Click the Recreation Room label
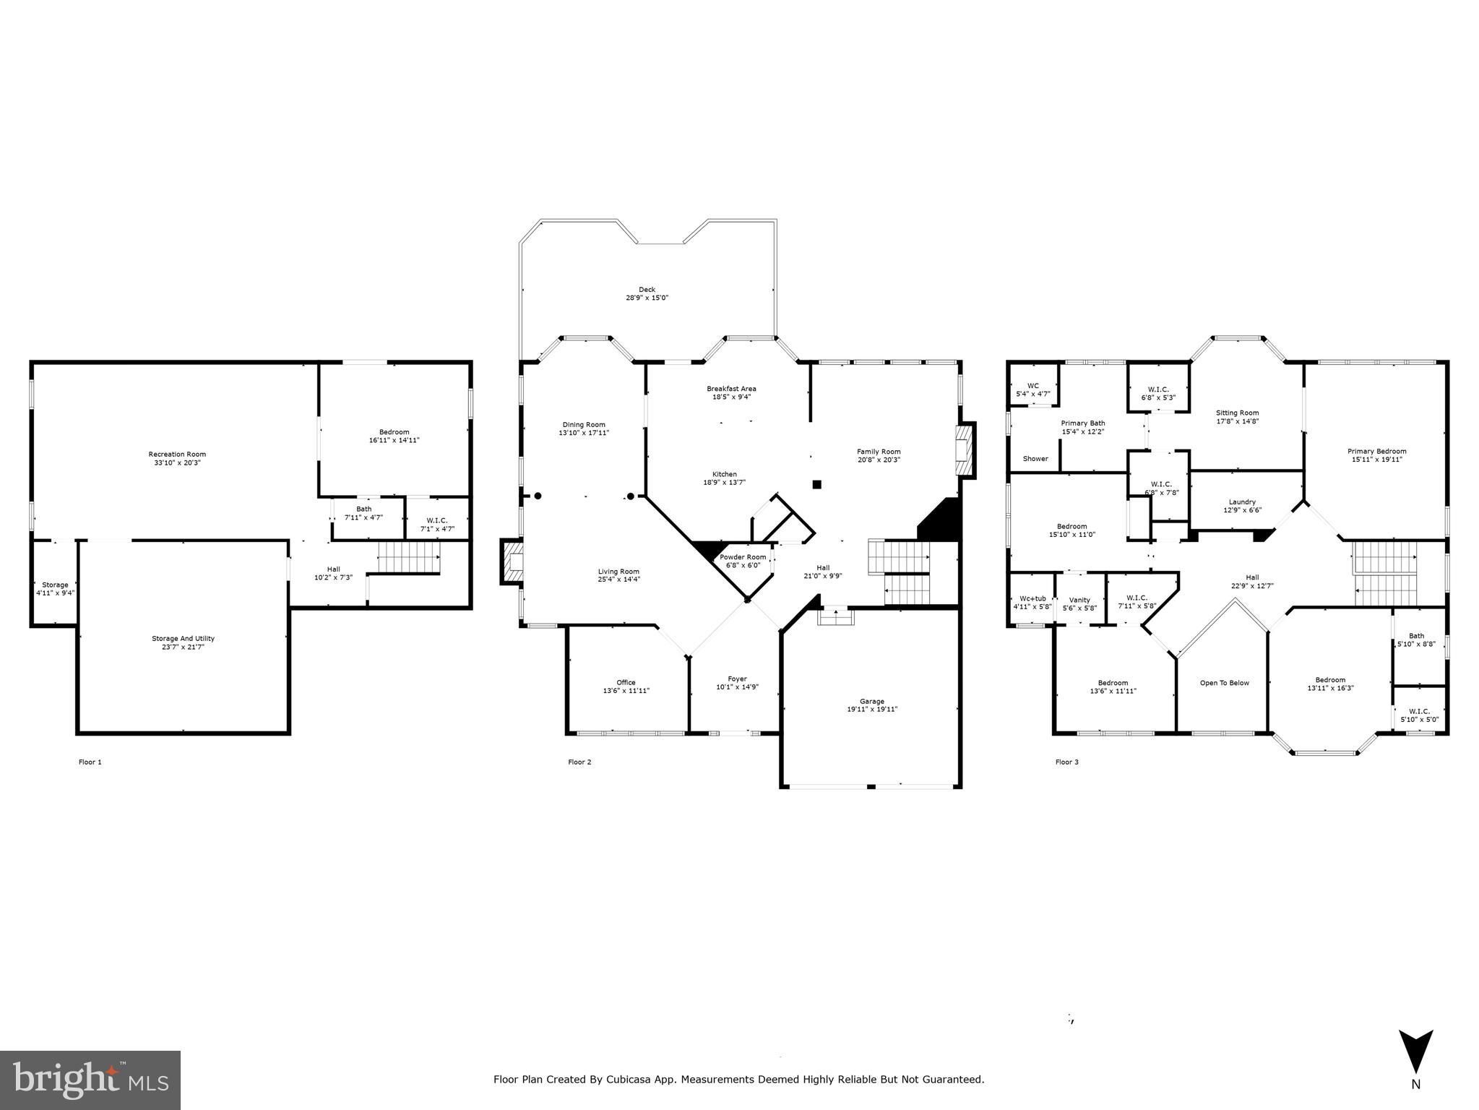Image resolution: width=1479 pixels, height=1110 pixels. click(177, 455)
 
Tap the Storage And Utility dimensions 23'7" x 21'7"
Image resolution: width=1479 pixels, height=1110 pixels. click(183, 647)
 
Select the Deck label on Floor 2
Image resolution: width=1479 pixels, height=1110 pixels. click(647, 290)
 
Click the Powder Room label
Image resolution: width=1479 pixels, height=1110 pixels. click(742, 557)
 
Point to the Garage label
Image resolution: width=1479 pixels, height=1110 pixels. click(871, 701)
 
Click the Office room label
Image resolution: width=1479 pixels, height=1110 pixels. click(626, 682)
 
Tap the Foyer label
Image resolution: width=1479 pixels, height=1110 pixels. click(737, 679)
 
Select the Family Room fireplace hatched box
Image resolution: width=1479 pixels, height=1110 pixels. click(965, 450)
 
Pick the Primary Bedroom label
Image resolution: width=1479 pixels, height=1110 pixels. click(1376, 451)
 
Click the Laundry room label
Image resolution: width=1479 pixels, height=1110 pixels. click(1242, 502)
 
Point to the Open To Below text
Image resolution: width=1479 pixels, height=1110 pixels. click(1224, 683)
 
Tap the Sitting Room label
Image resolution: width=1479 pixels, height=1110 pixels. click(1237, 413)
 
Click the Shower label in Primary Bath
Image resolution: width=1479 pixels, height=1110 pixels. click(1035, 459)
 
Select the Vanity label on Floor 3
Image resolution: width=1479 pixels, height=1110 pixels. click(1079, 600)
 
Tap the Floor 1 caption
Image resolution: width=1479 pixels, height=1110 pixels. click(90, 762)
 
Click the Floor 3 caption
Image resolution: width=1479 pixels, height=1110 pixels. click(1066, 762)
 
